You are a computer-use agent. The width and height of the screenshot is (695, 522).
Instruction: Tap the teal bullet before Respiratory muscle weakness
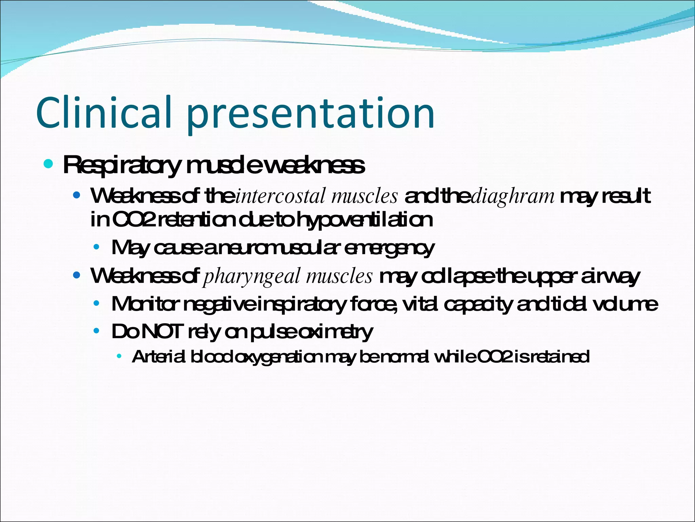pyautogui.click(x=49, y=164)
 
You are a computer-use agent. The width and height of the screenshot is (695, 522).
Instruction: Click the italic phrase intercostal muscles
pyautogui.click(x=316, y=196)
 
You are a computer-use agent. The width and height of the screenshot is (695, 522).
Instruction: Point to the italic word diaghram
pyautogui.click(x=513, y=197)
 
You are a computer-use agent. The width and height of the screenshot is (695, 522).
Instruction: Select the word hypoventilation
pyautogui.click(x=365, y=220)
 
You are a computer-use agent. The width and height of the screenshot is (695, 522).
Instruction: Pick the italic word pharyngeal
pyautogui.click(x=251, y=276)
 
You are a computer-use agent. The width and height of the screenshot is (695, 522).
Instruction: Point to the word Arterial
pyautogui.click(x=158, y=357)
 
